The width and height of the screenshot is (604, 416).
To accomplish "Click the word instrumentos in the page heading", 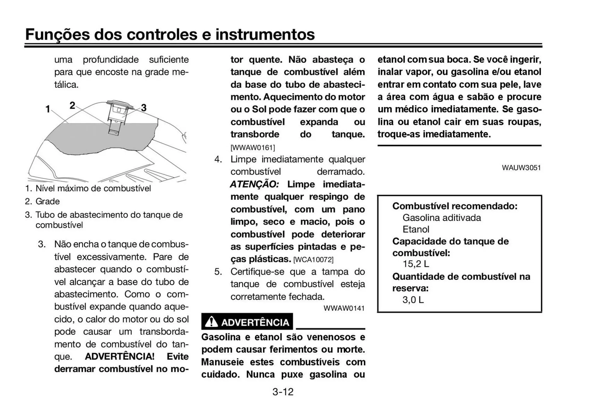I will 265,34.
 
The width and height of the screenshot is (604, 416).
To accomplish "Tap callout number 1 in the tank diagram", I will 48,109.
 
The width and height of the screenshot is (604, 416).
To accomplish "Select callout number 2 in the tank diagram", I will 72,105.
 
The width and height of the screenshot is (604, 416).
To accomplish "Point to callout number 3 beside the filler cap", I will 144,108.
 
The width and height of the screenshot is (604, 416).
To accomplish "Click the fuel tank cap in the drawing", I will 119,103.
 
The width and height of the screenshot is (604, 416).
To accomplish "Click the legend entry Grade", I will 48,201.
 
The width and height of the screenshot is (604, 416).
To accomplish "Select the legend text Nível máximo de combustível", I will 93,188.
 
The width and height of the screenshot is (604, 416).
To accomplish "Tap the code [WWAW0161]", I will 253,147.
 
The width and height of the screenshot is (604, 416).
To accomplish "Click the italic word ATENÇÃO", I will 254,184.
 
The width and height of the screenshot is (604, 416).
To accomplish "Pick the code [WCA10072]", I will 313,260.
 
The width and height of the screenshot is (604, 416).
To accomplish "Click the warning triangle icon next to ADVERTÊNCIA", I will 211,322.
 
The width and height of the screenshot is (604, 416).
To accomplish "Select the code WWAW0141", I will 344,308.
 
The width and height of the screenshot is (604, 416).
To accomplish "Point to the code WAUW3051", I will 521,168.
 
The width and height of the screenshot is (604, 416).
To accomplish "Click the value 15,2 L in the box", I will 416,264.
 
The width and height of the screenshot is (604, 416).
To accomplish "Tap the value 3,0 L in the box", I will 413,300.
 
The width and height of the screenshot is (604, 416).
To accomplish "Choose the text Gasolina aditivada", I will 441,218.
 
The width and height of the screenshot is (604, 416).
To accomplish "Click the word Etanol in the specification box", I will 416,229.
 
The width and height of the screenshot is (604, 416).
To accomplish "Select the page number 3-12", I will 283,392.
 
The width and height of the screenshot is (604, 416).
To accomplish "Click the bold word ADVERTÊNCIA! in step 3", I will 120,357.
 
